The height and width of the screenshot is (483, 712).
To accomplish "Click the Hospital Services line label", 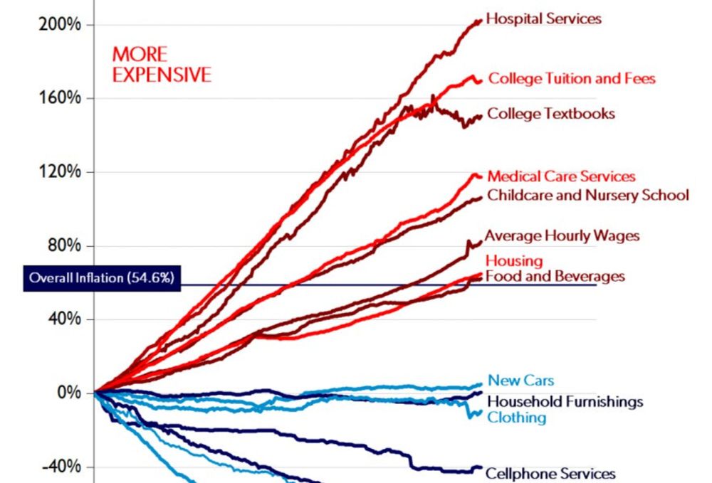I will pyautogui.click(x=544, y=18).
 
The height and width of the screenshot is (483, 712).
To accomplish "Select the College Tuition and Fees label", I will pyautogui.click(x=571, y=79).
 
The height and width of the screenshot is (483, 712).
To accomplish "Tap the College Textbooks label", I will pyautogui.click(x=550, y=113).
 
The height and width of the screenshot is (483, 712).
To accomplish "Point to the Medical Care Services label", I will pyautogui.click(x=561, y=176).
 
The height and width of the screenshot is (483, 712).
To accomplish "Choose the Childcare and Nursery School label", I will pyautogui.click(x=587, y=194).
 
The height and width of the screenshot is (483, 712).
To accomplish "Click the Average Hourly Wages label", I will pyautogui.click(x=562, y=235).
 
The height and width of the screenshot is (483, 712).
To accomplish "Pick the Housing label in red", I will pyautogui.click(x=514, y=261).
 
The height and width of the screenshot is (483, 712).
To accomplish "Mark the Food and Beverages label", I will pyautogui.click(x=555, y=275).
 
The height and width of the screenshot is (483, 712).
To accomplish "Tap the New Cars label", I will pyautogui.click(x=520, y=381).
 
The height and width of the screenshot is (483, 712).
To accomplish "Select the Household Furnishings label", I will pyautogui.click(x=565, y=401).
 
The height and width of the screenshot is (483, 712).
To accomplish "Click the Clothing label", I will pyautogui.click(x=516, y=417).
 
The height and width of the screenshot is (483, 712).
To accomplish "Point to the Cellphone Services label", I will pyautogui.click(x=550, y=473).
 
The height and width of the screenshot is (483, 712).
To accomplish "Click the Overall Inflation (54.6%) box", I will pyautogui.click(x=100, y=278).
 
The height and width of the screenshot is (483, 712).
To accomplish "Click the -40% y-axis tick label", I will pyautogui.click(x=63, y=467).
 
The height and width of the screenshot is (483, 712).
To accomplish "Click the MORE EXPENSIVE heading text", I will pyautogui.click(x=162, y=64).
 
